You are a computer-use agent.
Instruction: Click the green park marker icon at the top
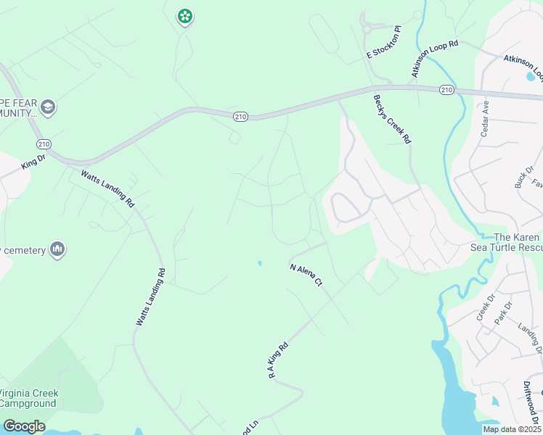[184, 16]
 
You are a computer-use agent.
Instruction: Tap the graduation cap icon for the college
[49, 108]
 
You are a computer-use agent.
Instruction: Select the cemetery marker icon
[57, 251]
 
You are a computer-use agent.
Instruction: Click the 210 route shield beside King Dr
[44, 144]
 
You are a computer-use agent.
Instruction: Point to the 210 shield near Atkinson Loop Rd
[446, 90]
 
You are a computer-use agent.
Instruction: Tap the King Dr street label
[33, 161]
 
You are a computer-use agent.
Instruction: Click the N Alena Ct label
[306, 277]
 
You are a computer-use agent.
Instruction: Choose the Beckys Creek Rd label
[392, 119]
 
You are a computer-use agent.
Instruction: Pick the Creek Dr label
[485, 307]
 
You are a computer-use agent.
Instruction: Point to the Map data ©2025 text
[512, 429]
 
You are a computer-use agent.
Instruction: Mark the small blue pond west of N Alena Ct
[259, 263]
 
